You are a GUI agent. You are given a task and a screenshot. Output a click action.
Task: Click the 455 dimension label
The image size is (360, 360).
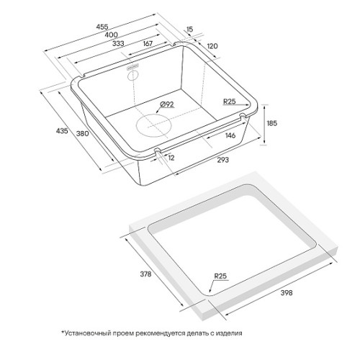tap(102, 27)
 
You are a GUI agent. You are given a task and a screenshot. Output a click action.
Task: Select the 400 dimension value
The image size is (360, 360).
tap(112, 35)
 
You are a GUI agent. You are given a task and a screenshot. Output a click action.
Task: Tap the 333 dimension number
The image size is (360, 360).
tap(118, 43)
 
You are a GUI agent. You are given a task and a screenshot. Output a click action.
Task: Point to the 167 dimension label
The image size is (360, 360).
tap(148, 43)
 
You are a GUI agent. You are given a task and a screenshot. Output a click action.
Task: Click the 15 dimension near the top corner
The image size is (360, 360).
tap(189, 30)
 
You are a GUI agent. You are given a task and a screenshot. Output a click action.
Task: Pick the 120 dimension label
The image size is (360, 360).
tap(212, 46)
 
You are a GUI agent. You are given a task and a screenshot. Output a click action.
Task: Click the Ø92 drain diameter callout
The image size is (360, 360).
tap(166, 104)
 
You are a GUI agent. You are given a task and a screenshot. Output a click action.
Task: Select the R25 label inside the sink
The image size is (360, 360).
tap(230, 102)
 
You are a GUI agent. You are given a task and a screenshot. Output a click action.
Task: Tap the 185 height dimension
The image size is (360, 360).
tap(272, 123)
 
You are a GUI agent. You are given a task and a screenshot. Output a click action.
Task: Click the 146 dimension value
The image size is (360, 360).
tap(230, 135)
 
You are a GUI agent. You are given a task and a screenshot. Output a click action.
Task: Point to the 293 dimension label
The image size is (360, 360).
tap(223, 160)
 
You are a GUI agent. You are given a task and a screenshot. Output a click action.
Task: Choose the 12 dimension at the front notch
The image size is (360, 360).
tap(171, 158)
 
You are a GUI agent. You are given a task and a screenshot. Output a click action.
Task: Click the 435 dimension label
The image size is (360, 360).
tap(62, 131)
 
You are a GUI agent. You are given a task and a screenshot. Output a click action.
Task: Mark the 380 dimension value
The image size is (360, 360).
tap(83, 133)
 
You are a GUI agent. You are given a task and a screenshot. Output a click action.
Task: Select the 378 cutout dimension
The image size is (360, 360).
tap(145, 274)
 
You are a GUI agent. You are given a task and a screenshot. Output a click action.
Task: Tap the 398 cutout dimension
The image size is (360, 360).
tap(287, 293)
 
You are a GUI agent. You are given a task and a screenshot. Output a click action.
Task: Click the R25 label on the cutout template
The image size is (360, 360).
tap(220, 276)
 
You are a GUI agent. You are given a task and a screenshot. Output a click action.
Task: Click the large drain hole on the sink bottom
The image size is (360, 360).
tap(154, 125)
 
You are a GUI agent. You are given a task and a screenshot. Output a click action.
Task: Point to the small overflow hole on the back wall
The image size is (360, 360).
tap(132, 75)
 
